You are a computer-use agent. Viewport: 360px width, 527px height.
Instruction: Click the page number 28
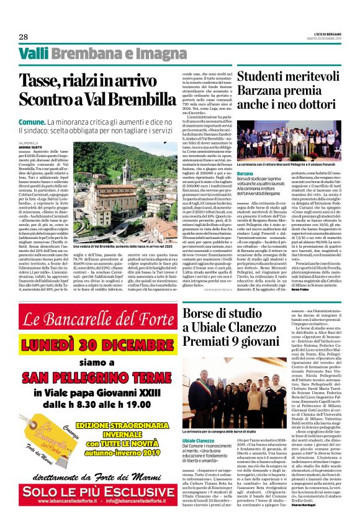pos(24,37)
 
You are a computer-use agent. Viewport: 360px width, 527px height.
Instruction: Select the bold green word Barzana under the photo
pos(245,173)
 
